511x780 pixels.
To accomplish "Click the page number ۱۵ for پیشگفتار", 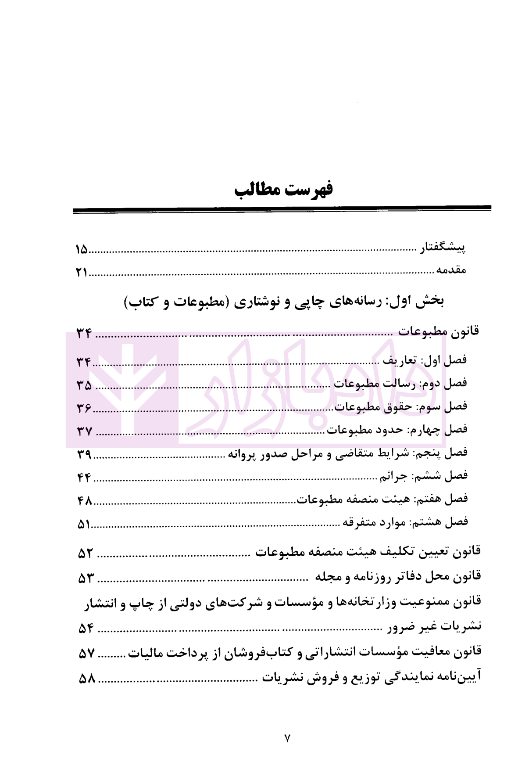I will tap(82, 250).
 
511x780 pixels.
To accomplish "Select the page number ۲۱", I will tap(82, 272).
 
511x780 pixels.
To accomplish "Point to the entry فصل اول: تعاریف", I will tap(425, 360).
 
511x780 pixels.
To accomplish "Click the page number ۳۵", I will tap(84, 385).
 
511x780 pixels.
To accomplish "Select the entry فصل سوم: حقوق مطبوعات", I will tap(401, 407).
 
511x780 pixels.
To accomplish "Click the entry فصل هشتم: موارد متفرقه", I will tap(405, 522).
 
